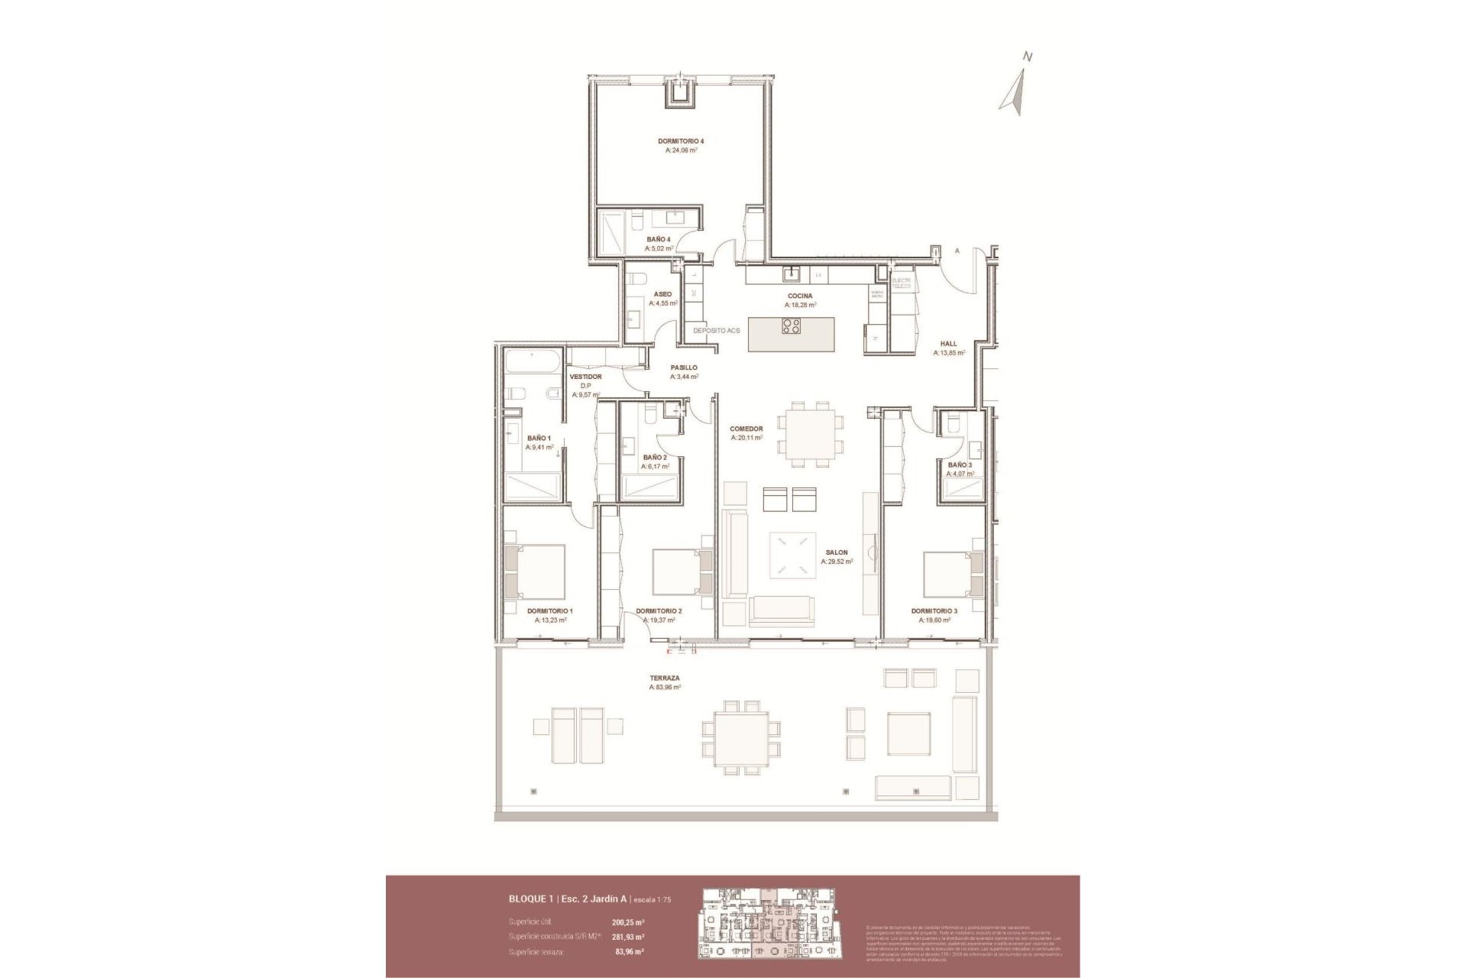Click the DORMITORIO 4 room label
[x=680, y=141]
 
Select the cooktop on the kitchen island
[x=791, y=327]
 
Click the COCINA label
[x=800, y=296]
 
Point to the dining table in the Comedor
[x=810, y=434]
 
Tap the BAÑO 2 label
[x=655, y=458]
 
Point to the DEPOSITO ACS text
[x=717, y=331]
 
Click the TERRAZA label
[x=665, y=678]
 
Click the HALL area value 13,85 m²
[x=948, y=353]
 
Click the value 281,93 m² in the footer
[x=628, y=937]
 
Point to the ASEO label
[x=662, y=294]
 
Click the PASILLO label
[x=683, y=368]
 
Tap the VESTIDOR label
[x=585, y=377]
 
